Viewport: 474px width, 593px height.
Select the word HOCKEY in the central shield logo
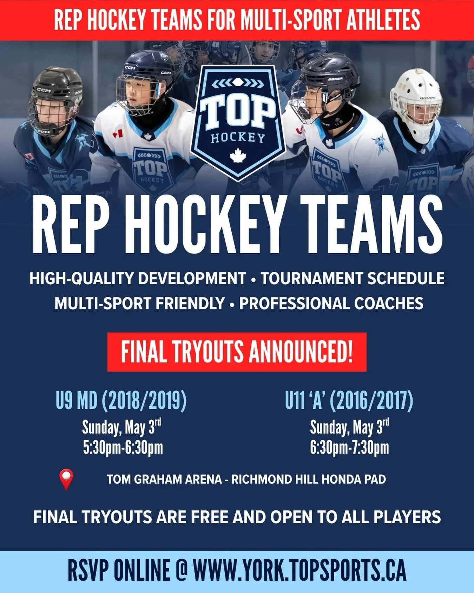238,138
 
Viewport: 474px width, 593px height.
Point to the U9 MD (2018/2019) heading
121,401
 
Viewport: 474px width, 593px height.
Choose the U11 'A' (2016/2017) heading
349,401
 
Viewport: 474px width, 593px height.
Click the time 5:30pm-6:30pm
123,448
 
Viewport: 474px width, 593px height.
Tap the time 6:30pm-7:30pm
349,448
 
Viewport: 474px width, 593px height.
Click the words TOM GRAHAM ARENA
164,479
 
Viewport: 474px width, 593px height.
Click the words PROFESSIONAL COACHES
331,304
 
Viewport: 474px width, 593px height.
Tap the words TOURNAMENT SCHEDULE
353,278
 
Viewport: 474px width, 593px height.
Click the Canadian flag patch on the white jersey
117,134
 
